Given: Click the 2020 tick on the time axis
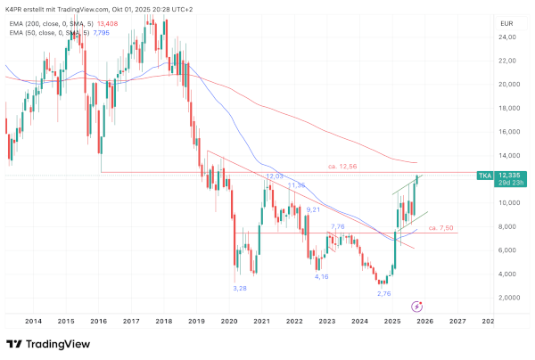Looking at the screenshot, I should [x=229, y=321].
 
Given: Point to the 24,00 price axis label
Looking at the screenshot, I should [x=508, y=37].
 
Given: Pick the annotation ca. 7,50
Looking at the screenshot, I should [x=442, y=228].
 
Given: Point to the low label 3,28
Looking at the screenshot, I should [x=240, y=288].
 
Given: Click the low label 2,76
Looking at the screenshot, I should [x=384, y=293].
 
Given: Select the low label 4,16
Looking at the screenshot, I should [x=322, y=276].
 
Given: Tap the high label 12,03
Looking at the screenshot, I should [x=274, y=176].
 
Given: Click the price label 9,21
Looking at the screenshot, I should [x=313, y=209].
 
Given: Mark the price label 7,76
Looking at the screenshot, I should [x=338, y=227].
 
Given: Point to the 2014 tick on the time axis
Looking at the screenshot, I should [x=33, y=321].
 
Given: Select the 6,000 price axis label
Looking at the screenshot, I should [x=508, y=250].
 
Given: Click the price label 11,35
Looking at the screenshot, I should [x=297, y=185].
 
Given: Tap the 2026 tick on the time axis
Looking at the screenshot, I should [x=425, y=321].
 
